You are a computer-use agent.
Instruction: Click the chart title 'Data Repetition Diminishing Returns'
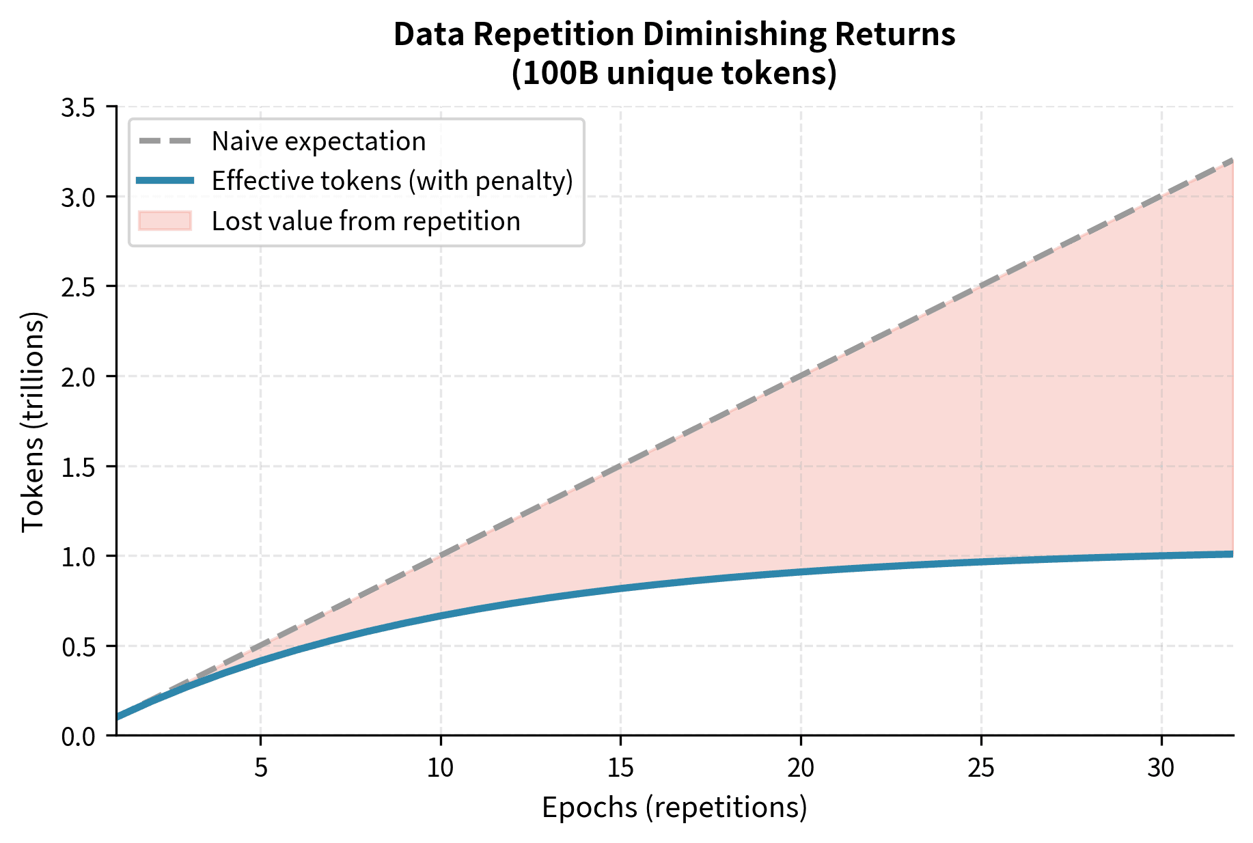674,34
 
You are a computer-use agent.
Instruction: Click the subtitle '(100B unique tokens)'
674,72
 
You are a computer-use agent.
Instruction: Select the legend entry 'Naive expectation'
318,141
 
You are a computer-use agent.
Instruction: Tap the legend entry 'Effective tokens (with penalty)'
392,181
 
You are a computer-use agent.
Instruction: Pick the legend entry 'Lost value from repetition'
366,221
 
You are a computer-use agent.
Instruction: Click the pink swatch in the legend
165,221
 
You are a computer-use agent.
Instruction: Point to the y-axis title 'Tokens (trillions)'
33,421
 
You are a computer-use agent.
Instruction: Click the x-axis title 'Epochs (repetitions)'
674,807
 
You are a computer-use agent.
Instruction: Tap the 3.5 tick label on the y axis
79,107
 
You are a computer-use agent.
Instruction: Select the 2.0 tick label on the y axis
79,376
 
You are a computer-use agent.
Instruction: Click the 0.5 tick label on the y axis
79,646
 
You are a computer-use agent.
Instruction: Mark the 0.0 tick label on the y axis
79,736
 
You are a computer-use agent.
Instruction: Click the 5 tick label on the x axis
260,769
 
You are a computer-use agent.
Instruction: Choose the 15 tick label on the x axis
620,769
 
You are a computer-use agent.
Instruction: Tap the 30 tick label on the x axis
1161,769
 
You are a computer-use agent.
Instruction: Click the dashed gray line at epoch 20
801,376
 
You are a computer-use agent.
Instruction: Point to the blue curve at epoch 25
981,562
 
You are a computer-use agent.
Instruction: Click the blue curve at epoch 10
441,616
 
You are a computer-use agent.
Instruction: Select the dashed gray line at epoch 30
1161,196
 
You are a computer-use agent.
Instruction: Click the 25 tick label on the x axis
981,769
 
